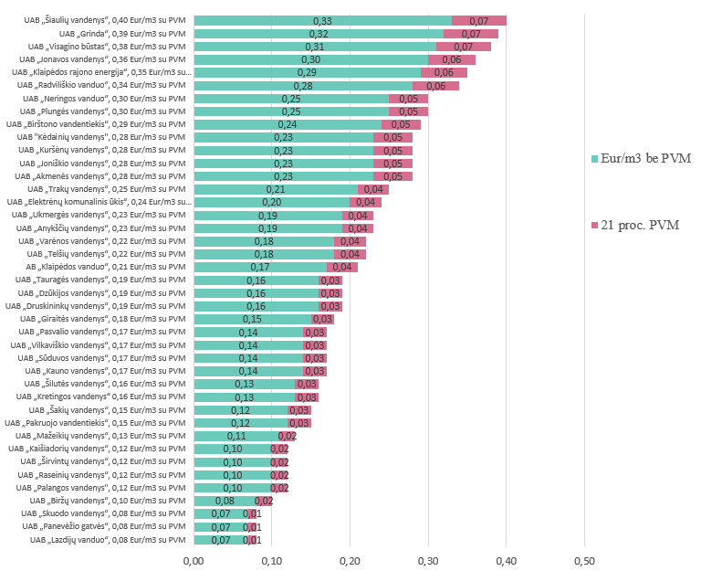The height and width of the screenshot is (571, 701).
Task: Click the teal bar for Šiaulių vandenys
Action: click(x=323, y=21)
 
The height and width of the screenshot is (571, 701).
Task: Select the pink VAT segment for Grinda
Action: click(x=471, y=34)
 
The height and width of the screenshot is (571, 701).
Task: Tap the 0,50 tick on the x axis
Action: click(x=584, y=561)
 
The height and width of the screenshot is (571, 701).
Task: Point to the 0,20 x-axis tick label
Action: click(x=350, y=561)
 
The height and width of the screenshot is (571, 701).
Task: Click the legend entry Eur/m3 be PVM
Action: click(x=641, y=158)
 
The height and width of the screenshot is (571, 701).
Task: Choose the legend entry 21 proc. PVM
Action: click(x=635, y=225)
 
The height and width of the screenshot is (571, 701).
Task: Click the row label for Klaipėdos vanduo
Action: click(x=106, y=267)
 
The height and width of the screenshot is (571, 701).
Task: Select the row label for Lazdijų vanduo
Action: click(x=108, y=540)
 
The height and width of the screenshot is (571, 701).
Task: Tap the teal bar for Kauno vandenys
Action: click(x=248, y=371)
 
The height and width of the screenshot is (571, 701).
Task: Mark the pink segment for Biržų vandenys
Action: click(x=264, y=501)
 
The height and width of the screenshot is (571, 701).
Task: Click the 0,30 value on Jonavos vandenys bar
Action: click(x=310, y=59)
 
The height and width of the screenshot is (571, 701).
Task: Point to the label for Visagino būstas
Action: click(x=107, y=47)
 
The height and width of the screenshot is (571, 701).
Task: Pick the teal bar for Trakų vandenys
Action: click(x=277, y=189)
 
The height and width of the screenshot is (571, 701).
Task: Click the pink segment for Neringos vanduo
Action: click(x=408, y=99)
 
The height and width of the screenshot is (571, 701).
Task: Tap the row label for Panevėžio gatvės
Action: click(x=104, y=526)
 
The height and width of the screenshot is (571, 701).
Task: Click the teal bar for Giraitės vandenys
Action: click(x=253, y=319)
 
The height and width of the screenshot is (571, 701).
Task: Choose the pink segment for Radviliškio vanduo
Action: click(x=436, y=86)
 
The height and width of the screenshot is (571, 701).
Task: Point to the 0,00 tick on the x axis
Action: click(x=194, y=561)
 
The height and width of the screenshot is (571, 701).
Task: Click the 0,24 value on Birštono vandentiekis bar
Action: click(x=288, y=124)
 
